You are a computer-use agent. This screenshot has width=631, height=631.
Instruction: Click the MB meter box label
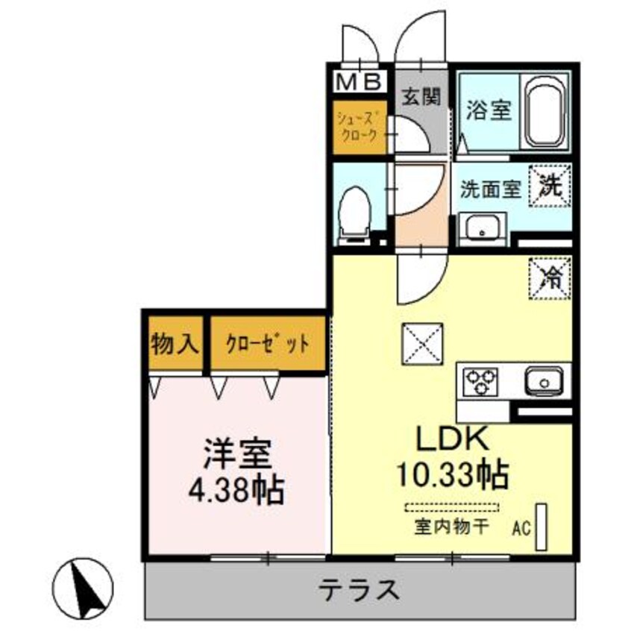coord(360,80)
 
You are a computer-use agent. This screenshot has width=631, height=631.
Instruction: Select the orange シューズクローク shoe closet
coord(360,128)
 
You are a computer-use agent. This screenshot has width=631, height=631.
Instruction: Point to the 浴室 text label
coord(489,111)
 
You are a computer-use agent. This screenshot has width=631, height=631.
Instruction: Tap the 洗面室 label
coord(489,189)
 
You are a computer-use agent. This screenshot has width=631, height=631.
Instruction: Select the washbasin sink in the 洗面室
coord(481,227)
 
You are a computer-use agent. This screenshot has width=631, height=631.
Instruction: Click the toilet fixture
coord(357,213)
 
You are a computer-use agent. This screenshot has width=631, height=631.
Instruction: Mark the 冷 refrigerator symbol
coord(550,277)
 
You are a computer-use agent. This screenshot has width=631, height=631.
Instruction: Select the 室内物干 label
coord(451,527)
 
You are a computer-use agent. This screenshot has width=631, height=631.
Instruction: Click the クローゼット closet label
coord(267,344)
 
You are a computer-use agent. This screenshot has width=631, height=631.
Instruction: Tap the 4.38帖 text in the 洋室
coord(236,489)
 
